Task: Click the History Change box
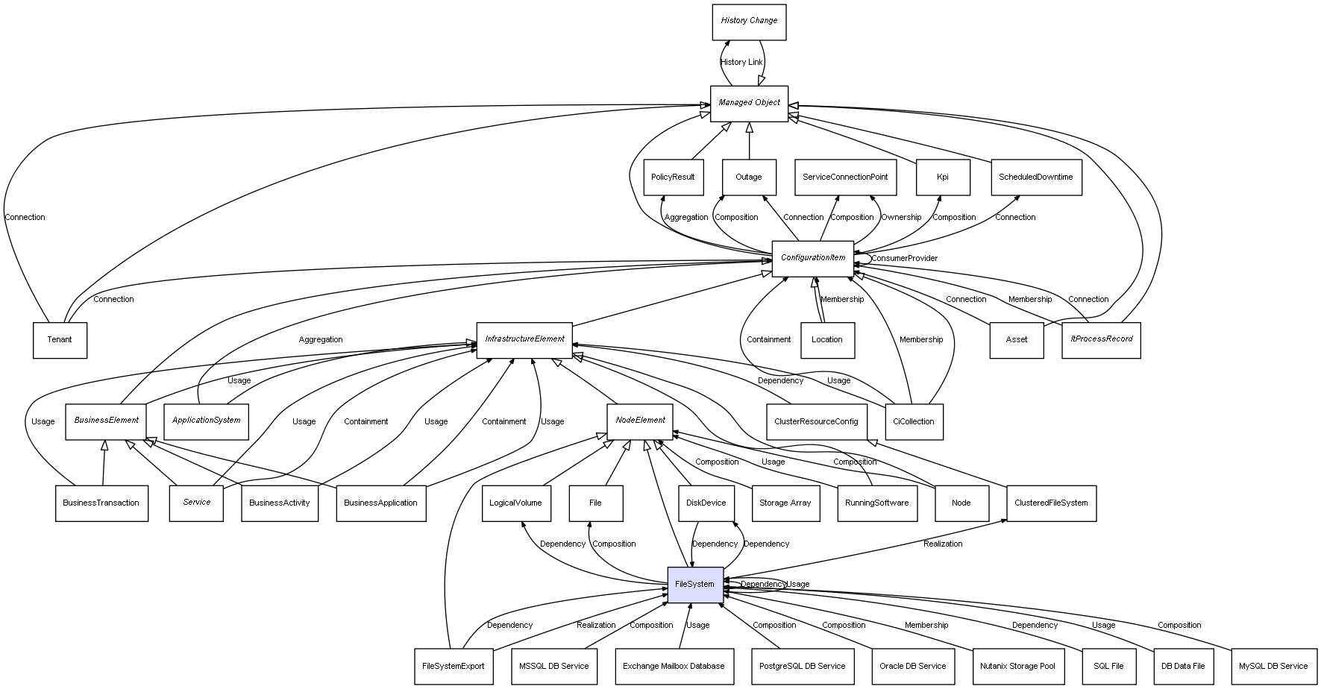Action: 749,21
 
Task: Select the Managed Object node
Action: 749,103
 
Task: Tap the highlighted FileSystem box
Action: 694,585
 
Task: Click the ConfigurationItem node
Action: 812,258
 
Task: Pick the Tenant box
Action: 60,340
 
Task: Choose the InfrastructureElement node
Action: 524,339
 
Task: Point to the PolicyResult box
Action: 673,177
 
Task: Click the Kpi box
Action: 943,177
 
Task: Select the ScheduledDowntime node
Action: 1035,177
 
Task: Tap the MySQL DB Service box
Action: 1273,667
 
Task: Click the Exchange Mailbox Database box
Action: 674,667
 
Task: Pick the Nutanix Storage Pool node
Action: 1017,667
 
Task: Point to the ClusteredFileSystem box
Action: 1051,503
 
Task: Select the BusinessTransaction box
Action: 101,503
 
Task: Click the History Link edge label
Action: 741,63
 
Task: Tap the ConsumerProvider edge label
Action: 904,259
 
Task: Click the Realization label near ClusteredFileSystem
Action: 943,544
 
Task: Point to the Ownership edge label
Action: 901,218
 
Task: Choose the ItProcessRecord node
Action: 1101,339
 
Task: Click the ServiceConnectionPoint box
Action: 845,177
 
